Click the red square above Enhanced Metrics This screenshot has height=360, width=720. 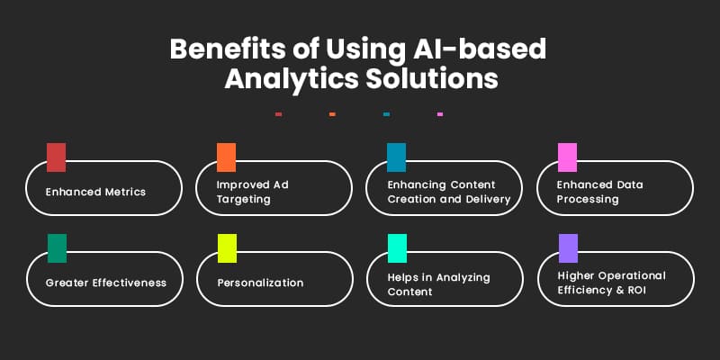(x=56, y=157)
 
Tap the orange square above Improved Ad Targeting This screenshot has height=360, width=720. (x=227, y=157)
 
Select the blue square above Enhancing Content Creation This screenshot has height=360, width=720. (x=396, y=157)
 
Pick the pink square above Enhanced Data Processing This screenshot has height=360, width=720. (x=567, y=157)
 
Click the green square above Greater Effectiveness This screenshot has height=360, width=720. (x=56, y=248)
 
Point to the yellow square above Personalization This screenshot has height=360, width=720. (x=227, y=248)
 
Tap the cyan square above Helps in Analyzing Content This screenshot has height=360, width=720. (x=396, y=248)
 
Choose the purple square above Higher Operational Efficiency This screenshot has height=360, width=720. (x=567, y=248)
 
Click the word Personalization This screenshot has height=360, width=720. (x=261, y=283)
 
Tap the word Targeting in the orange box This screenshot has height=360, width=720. (x=244, y=199)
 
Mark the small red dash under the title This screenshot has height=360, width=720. (x=279, y=114)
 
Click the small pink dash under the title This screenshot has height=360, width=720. (x=439, y=114)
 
